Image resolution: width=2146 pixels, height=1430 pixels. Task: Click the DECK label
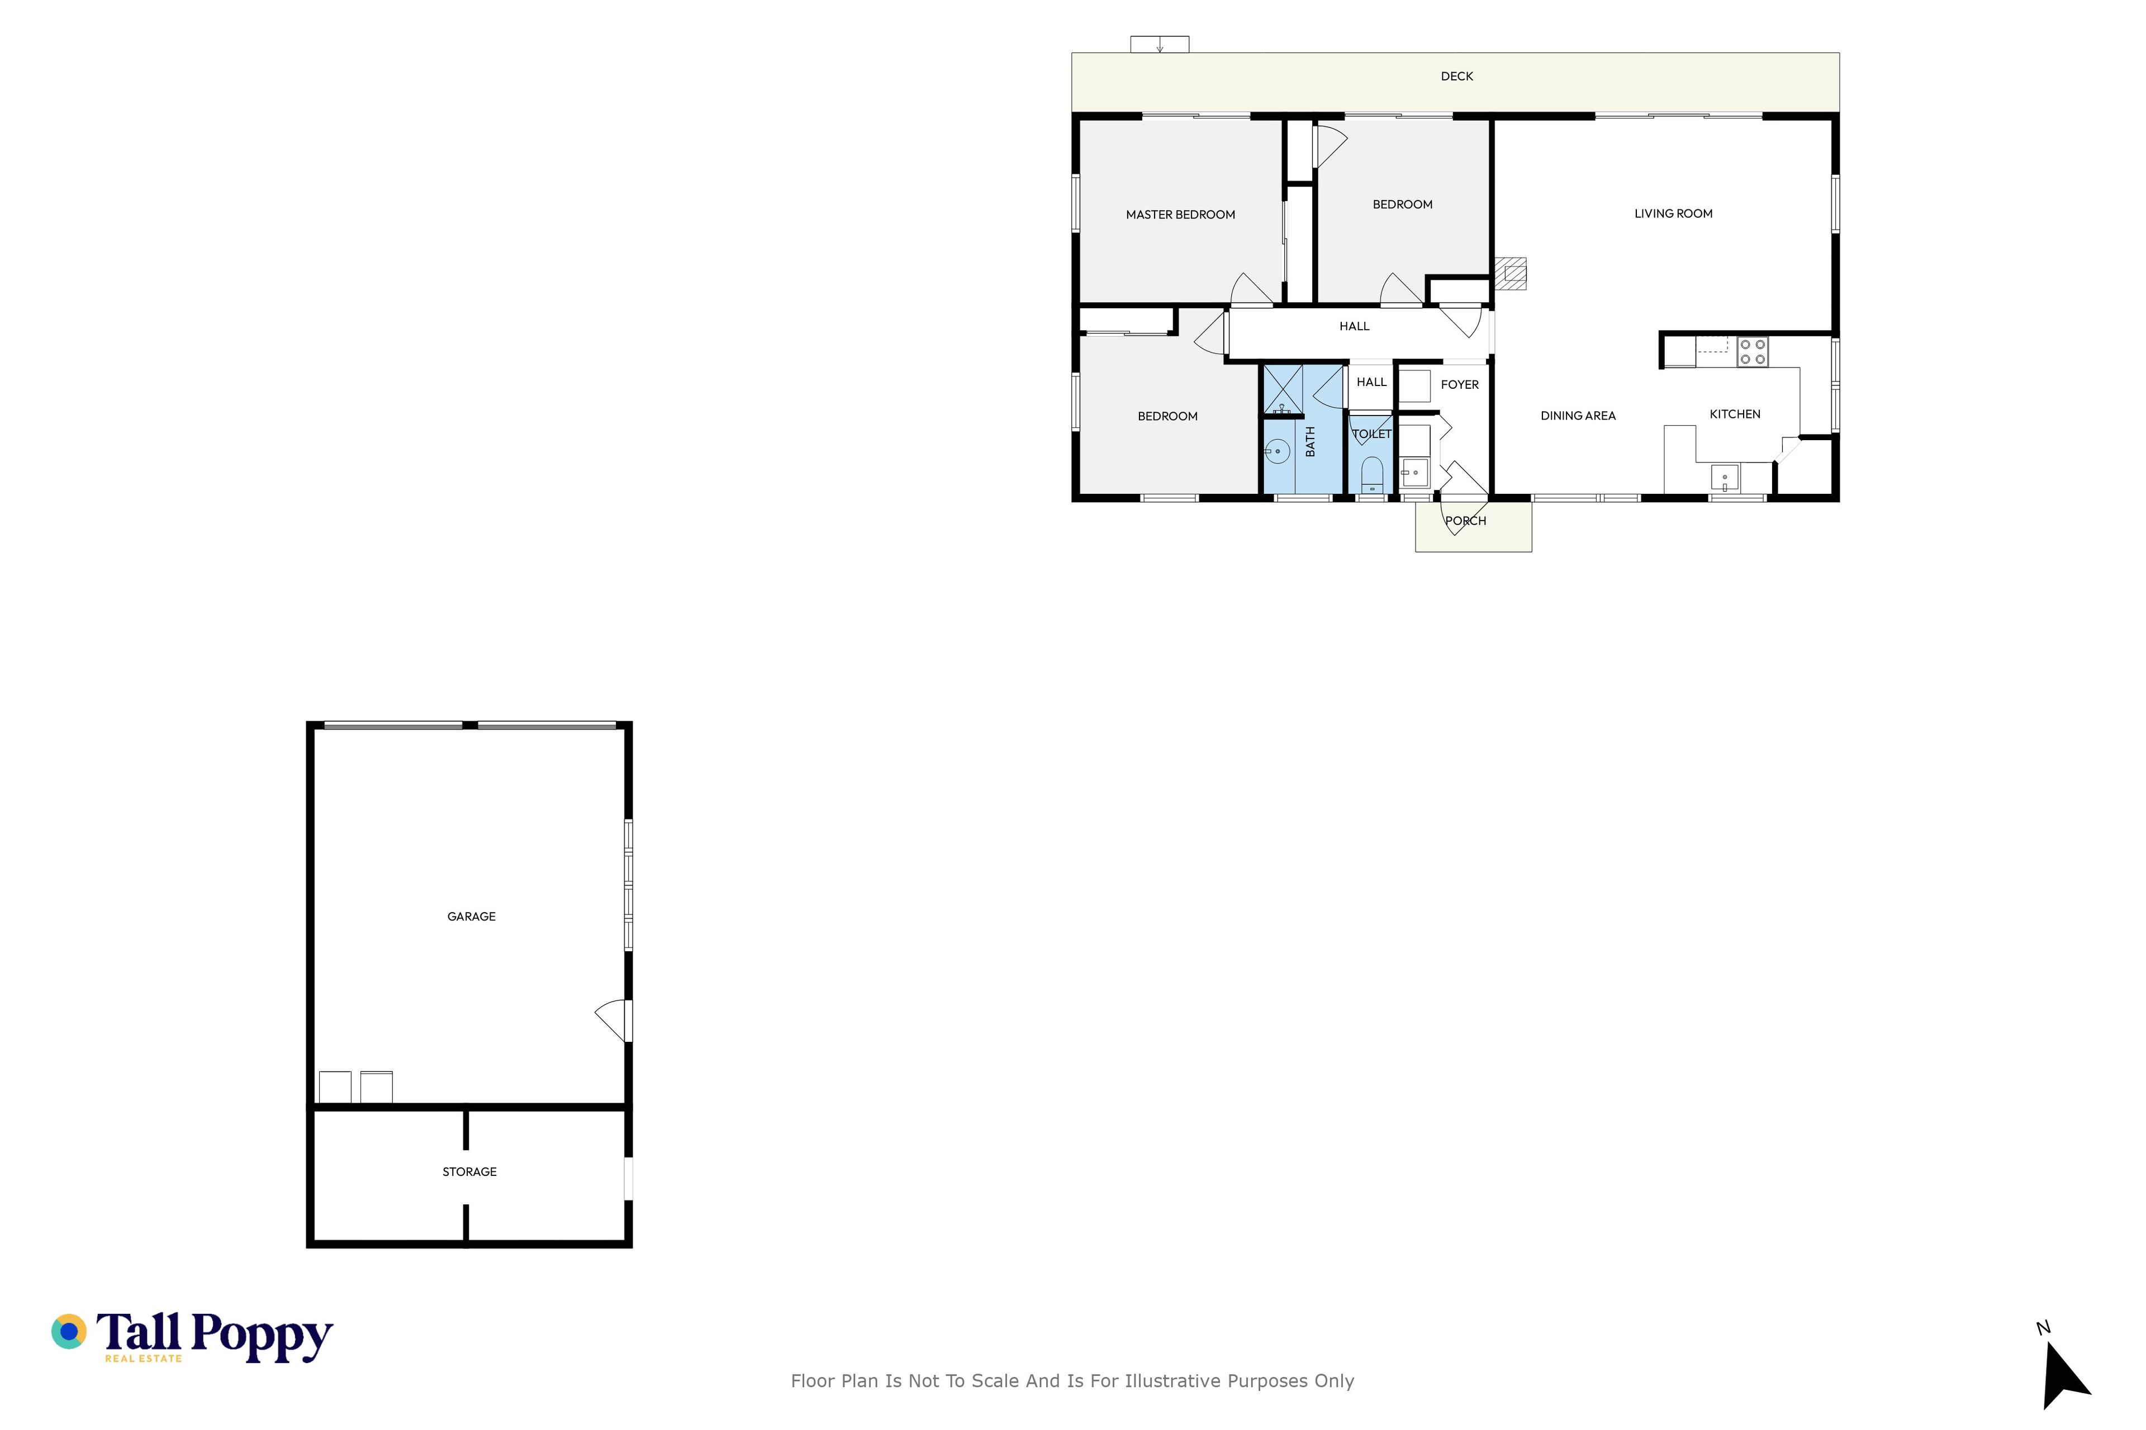click(1456, 77)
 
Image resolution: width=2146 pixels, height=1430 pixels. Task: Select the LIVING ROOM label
click(1673, 213)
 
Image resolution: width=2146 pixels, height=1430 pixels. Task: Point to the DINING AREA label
click(1578, 416)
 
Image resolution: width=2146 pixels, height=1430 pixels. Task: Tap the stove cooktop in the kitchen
click(1752, 352)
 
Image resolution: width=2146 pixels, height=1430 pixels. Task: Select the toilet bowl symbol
click(1371, 474)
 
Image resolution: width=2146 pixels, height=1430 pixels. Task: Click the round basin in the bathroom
click(1278, 451)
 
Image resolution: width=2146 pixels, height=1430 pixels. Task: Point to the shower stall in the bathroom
click(1283, 390)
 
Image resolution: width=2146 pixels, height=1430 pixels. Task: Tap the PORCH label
click(1465, 521)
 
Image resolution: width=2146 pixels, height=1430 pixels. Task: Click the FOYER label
click(1459, 385)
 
